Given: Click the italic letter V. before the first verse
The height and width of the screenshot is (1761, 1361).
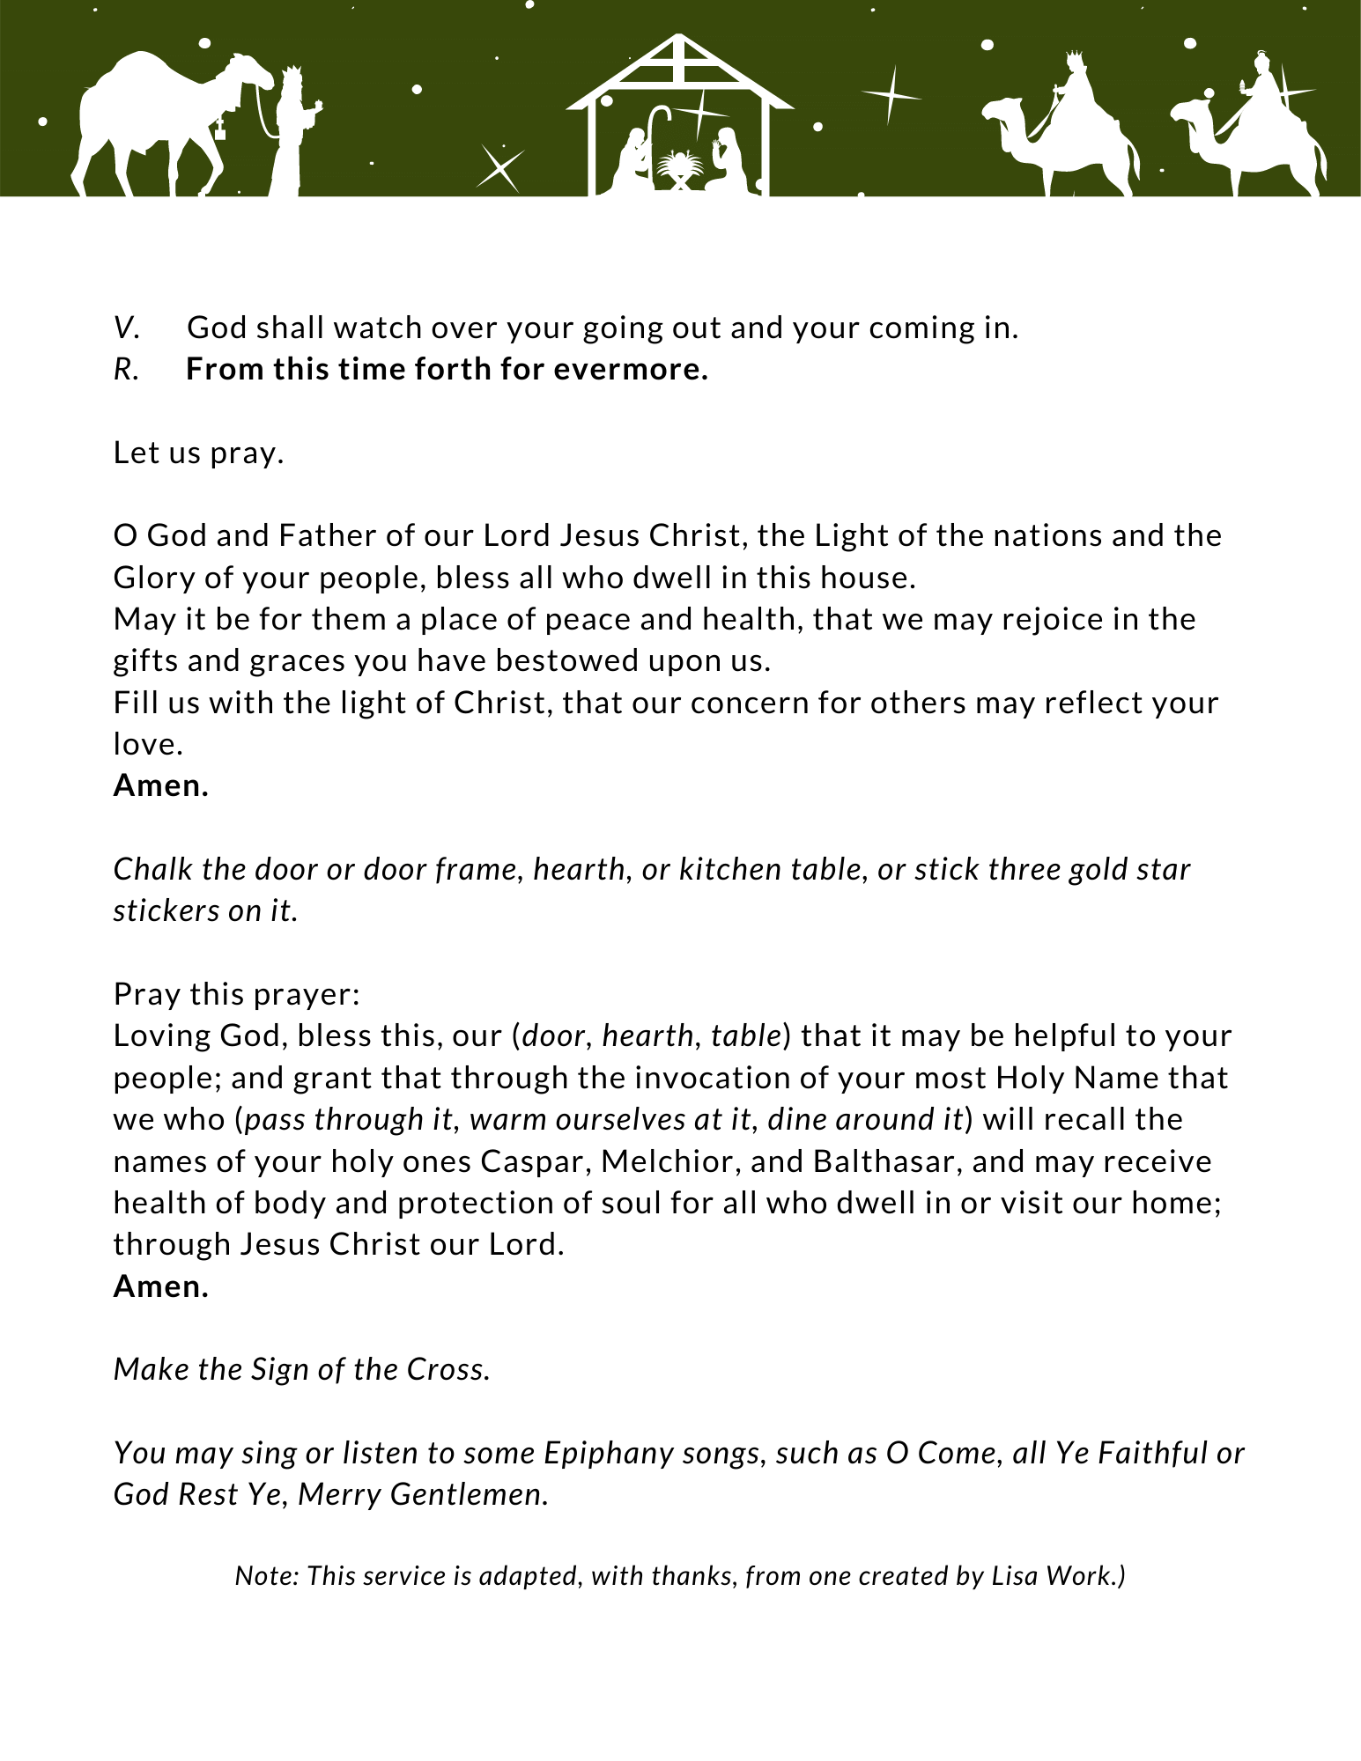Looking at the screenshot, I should (x=126, y=328).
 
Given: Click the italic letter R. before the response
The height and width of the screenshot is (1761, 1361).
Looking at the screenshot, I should (x=126, y=370).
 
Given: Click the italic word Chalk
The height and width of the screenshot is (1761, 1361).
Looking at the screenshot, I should (x=153, y=869).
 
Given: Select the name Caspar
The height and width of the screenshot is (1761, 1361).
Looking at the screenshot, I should (x=535, y=1161).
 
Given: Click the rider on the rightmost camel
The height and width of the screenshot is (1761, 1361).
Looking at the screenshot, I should (x=1262, y=88).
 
